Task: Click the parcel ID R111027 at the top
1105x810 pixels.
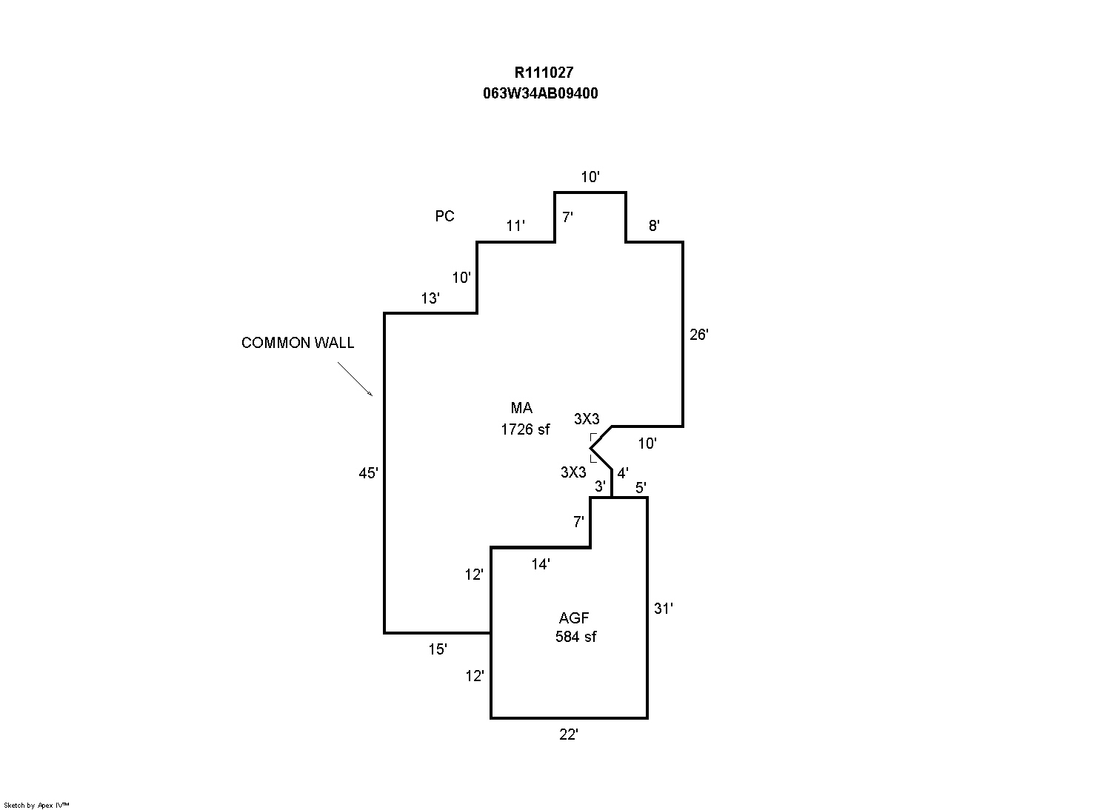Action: [x=544, y=73]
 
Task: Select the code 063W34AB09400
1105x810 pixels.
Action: [x=541, y=93]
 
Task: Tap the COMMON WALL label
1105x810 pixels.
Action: [x=298, y=343]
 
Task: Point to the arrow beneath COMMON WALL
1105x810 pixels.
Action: [x=355, y=378]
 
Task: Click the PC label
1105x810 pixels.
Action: [x=444, y=216]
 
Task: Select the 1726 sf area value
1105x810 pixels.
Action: [x=525, y=429]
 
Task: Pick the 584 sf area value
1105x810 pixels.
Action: [x=575, y=637]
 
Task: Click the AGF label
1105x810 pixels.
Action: [x=574, y=618]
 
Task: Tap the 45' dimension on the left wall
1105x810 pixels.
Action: [x=368, y=473]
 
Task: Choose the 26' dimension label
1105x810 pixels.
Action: [x=699, y=335]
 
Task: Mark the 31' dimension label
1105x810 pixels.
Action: [x=664, y=609]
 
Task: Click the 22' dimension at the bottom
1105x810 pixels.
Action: [x=568, y=734]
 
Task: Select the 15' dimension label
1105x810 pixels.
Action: [x=438, y=649]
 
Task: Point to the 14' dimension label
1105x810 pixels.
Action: [x=541, y=564]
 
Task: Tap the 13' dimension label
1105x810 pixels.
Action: [x=430, y=299]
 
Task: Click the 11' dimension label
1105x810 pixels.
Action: [x=515, y=226]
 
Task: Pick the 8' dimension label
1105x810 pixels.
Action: [x=654, y=226]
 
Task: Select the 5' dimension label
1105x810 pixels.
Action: [x=641, y=487]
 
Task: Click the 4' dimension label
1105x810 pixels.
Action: [x=623, y=472]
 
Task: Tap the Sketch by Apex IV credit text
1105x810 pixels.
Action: [x=36, y=805]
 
